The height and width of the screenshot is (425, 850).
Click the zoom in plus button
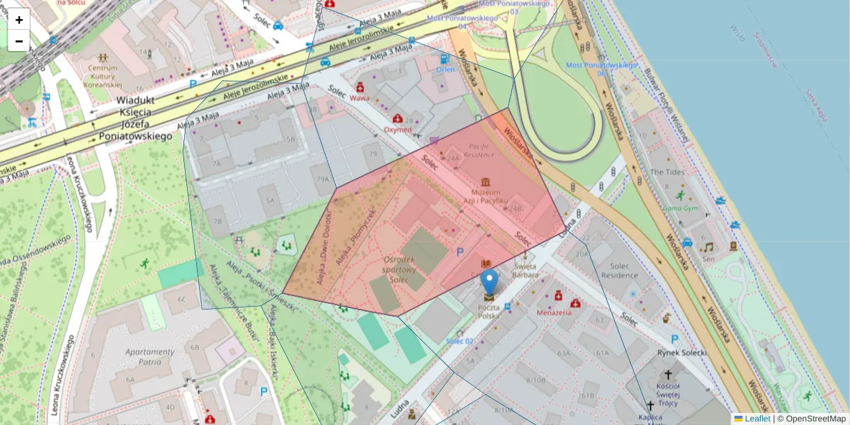[x=19, y=20]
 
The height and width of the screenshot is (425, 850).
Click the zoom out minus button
[x=19, y=41]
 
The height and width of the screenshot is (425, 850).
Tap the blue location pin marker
[x=489, y=283]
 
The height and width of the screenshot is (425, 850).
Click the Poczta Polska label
[x=489, y=312]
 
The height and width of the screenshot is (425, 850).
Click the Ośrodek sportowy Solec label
[x=399, y=271]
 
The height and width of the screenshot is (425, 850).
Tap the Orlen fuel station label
[x=445, y=69]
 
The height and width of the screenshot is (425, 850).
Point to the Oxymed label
[x=397, y=130]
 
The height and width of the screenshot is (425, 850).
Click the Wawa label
[x=360, y=98]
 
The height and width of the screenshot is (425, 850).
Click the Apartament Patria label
[x=149, y=356]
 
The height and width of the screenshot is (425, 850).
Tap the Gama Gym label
[x=680, y=208]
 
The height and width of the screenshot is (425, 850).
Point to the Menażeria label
[x=554, y=312]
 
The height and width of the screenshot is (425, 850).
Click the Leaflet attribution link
[x=757, y=419]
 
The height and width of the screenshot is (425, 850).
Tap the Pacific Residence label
[x=479, y=150]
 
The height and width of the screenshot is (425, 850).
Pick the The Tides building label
[x=667, y=171]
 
